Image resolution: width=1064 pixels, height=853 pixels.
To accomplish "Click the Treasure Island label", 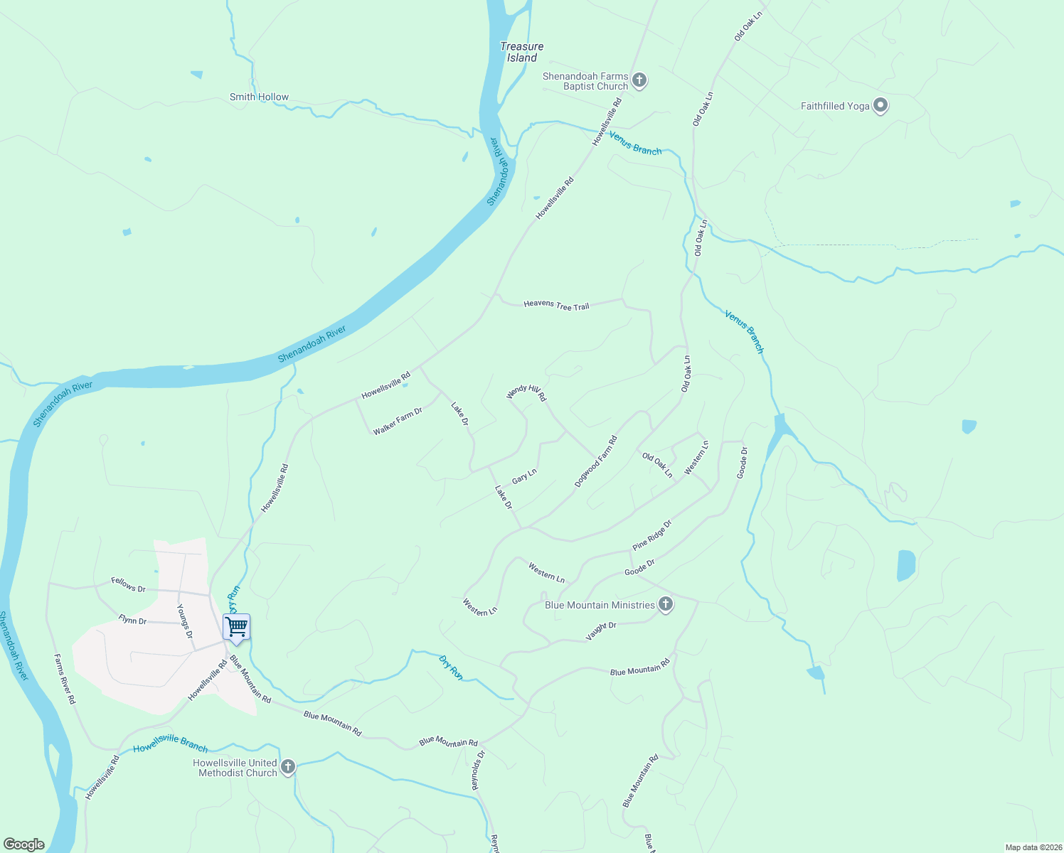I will point(521,52).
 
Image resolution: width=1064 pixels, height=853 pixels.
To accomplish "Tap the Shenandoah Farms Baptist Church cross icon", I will point(639,80).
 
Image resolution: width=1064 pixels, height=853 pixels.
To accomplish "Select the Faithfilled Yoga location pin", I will point(881,106).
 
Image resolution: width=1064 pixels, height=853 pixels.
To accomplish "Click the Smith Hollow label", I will point(259,97).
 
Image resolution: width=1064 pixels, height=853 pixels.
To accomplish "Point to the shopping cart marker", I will point(236,627).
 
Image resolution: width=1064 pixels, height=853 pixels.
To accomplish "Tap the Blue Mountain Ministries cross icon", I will point(665,605).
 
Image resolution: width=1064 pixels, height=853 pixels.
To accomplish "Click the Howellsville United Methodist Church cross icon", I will point(288,767).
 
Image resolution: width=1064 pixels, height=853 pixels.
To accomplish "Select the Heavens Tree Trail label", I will point(556,305).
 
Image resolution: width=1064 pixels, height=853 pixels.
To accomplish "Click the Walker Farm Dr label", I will point(398,421).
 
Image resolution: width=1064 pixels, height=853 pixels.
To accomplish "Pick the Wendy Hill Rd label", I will point(526,392).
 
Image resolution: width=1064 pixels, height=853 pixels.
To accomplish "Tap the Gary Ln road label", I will point(524,476).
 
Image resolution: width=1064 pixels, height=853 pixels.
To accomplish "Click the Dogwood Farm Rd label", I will point(596,461).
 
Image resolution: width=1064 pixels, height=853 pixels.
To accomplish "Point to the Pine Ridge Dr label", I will point(652,535).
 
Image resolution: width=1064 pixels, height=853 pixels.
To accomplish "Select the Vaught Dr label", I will point(601,631).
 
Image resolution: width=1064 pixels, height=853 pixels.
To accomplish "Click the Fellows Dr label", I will point(128,584).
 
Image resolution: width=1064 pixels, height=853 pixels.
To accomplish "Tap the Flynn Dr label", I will point(132,621).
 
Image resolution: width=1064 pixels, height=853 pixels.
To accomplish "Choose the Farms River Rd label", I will point(65,679).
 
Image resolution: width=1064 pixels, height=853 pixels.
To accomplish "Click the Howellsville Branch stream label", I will point(171,743).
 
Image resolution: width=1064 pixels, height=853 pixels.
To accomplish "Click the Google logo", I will point(23,844).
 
